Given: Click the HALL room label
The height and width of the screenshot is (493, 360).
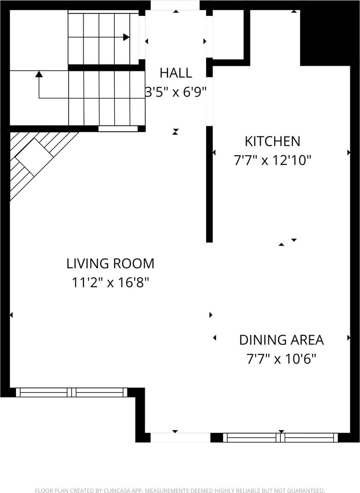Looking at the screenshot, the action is coord(176,73).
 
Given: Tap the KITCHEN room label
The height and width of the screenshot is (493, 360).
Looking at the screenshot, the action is coord(273,141).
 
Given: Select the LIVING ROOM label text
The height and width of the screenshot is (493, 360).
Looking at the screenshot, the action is coord(111,263).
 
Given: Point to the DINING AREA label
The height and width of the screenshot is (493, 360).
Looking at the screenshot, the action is coord(281,340).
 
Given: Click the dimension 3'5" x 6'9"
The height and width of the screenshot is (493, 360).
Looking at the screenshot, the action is coord(176,92).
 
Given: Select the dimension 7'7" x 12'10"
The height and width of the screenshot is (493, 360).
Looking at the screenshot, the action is coord(273,160).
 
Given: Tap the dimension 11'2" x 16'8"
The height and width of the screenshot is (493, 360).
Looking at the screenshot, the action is coord(111,282).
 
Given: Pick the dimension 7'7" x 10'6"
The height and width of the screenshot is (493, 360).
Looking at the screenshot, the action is coord(281,358).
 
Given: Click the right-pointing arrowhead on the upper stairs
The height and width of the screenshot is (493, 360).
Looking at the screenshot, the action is coord(126,37).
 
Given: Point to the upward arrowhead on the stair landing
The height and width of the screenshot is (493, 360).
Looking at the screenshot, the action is coord(39,74).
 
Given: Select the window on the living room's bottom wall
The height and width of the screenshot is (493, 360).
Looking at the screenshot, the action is coord(72,392).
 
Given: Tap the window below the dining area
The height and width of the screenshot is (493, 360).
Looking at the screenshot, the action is coord(280,438).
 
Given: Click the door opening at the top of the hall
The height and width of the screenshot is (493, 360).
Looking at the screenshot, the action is coord(175,5).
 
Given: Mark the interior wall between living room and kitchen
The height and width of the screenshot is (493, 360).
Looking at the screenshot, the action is coord(209,184).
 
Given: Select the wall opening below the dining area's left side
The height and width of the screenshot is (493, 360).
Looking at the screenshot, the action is coord(180,438).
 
